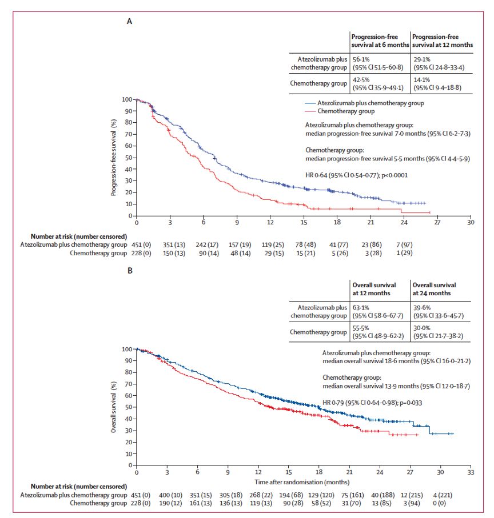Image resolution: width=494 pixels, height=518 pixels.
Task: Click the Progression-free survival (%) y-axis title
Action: tap(114, 157)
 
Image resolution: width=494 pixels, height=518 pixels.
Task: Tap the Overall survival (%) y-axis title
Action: tap(114, 407)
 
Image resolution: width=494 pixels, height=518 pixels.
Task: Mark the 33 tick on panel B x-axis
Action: tap(471, 473)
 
